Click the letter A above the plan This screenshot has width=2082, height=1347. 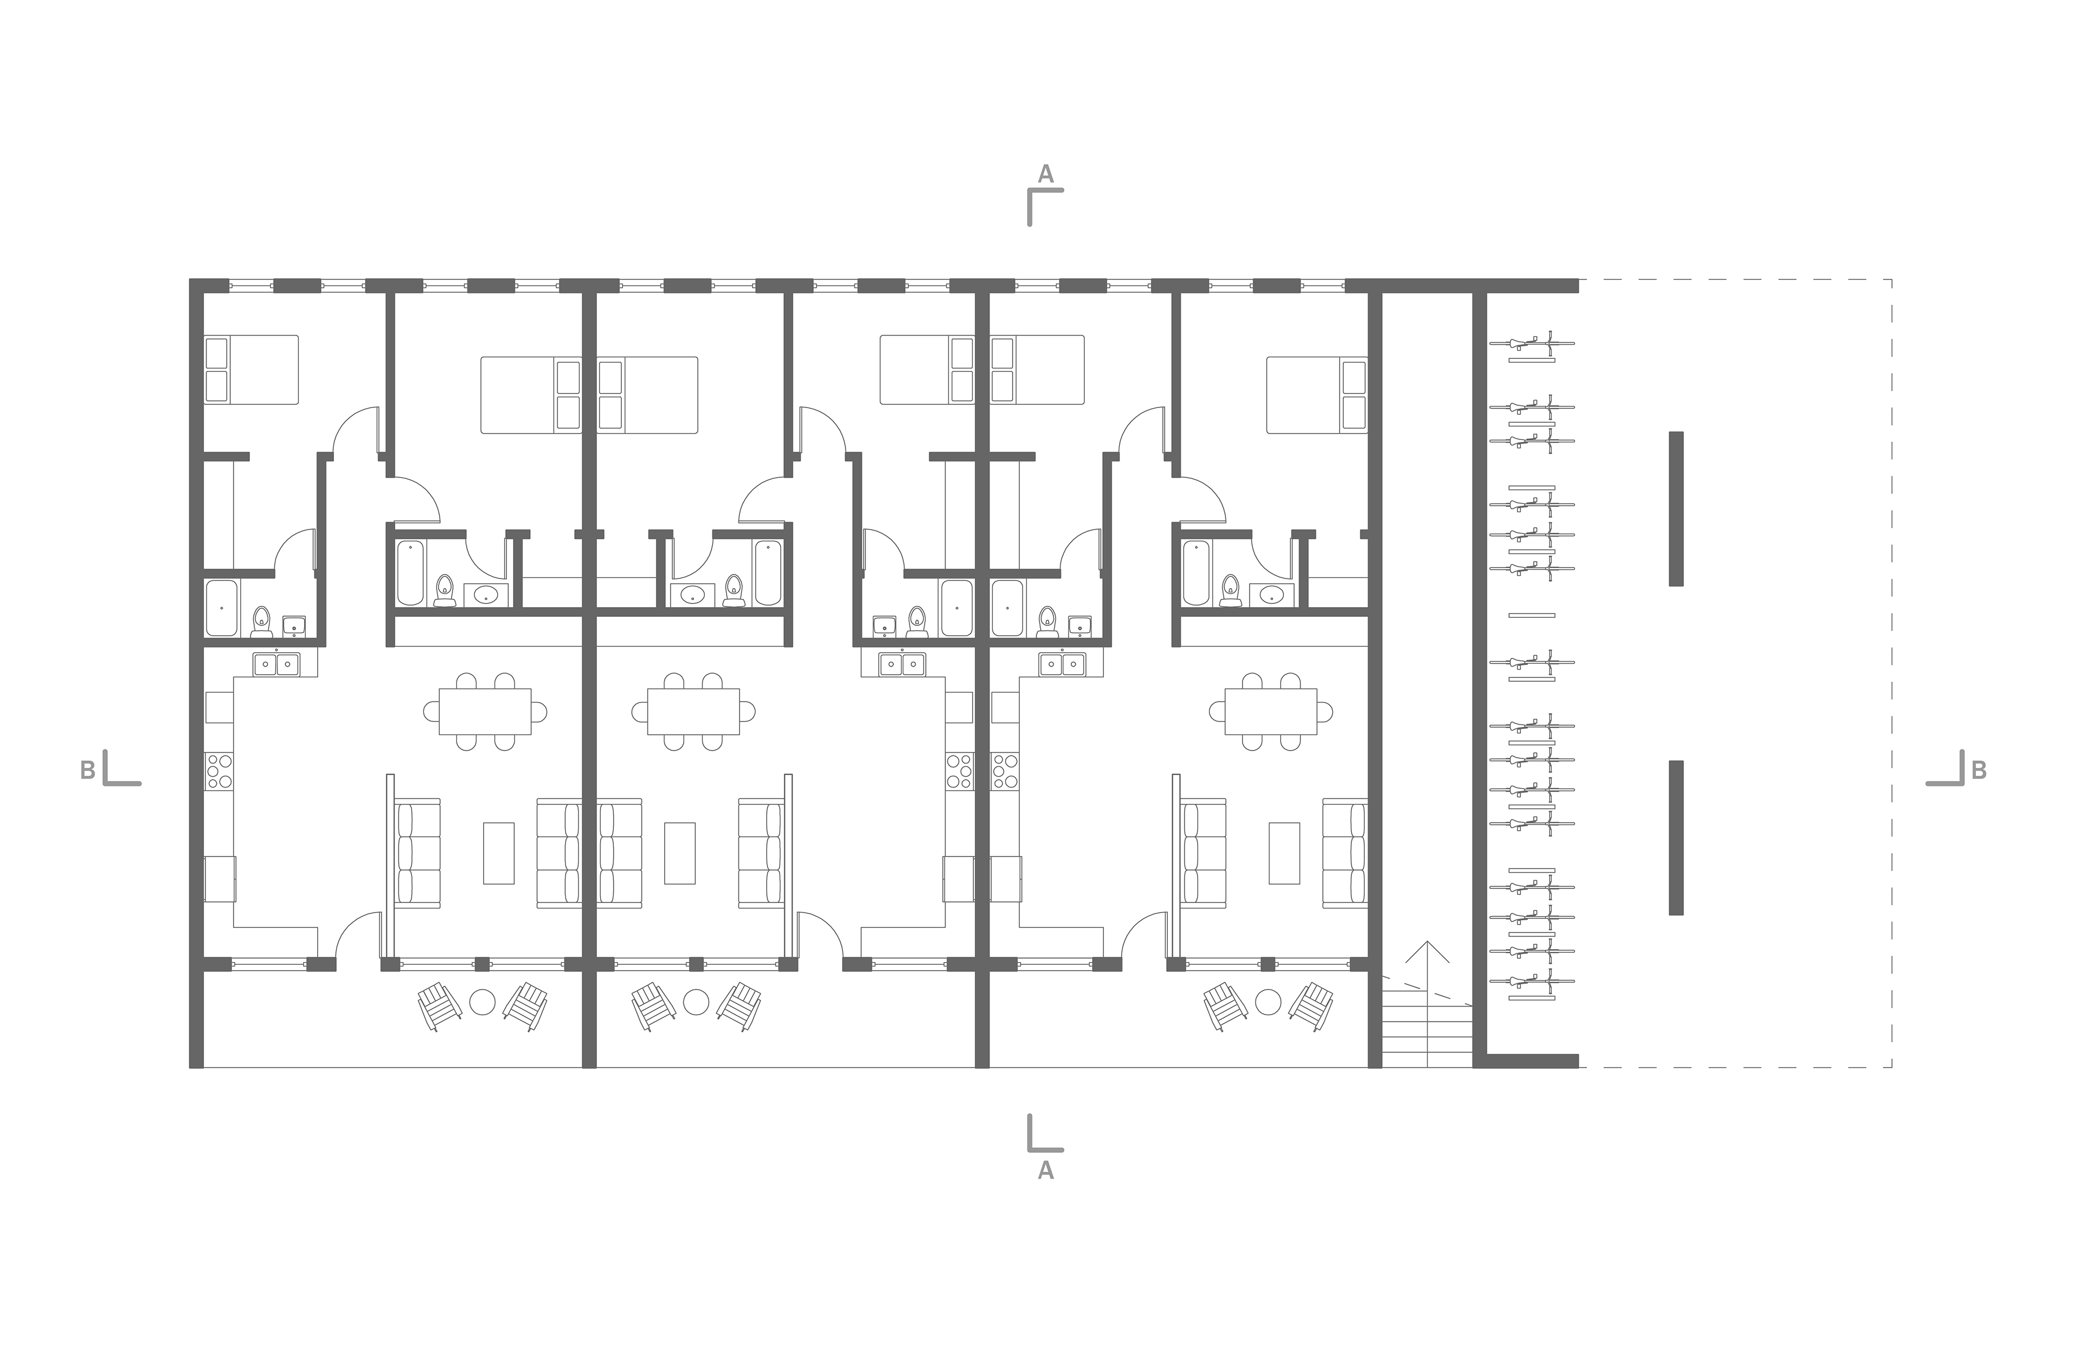click(1045, 174)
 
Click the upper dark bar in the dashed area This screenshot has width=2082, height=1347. click(1676, 508)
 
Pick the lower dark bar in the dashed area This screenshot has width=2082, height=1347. click(1676, 838)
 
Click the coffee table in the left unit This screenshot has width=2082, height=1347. click(499, 853)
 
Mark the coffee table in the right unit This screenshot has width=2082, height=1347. click(1284, 853)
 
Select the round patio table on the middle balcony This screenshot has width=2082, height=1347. click(696, 1002)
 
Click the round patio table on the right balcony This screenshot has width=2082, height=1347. click(1268, 1002)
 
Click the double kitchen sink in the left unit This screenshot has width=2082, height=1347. click(277, 664)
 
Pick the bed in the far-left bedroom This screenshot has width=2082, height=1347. click(251, 370)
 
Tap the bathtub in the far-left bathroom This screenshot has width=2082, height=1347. click(221, 608)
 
